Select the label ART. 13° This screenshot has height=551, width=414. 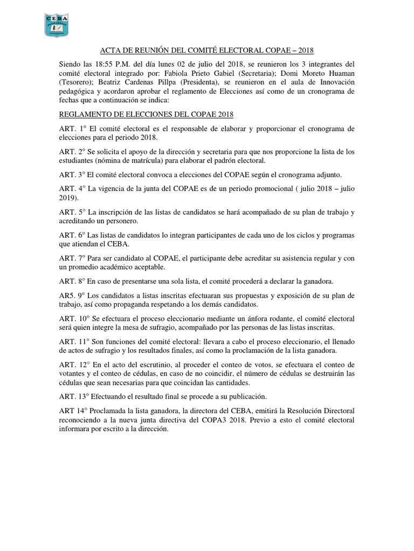[75, 397]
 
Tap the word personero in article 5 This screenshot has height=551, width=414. [123, 221]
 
